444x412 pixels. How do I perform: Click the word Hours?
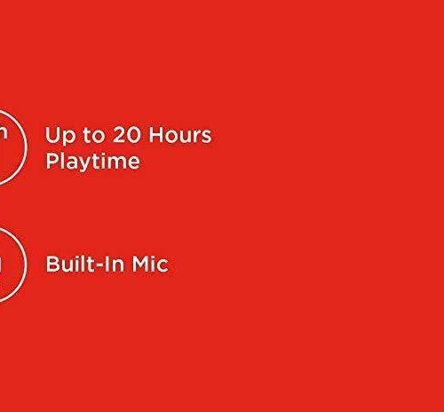coord(180,135)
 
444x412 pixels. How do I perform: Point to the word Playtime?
coord(92,162)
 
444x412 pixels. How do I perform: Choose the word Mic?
coord(150,264)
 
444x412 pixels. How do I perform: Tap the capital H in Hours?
coord(156,135)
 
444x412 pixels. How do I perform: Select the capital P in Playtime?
coord(52,161)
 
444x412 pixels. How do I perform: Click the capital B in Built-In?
coord(52,264)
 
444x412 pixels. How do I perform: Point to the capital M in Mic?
coord(140,264)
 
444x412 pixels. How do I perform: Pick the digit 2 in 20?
coord(119,135)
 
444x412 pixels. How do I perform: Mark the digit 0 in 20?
coord(134,135)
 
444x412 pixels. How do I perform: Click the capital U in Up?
coord(52,135)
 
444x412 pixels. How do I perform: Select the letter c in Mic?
coord(163,266)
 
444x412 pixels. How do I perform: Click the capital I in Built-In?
coord(107,264)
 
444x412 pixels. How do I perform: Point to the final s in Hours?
coord(207,137)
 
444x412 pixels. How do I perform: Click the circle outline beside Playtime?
coord(27,147)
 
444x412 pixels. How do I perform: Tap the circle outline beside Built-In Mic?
coord(27,265)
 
